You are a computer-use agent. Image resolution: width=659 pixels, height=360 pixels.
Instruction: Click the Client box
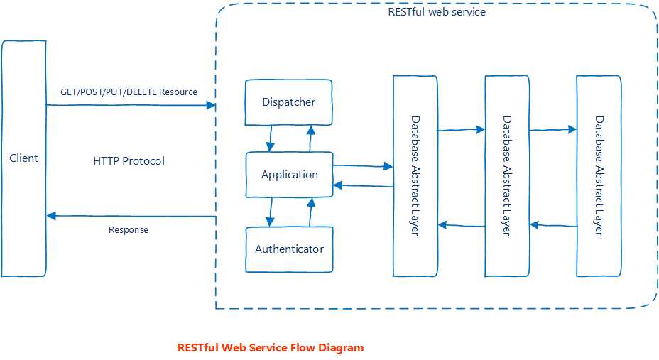point(23,158)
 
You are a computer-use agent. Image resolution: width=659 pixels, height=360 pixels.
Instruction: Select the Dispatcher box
point(288,102)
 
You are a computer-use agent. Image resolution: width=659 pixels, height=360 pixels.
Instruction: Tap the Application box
point(289,175)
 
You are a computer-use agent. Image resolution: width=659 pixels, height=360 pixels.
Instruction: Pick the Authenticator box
point(289,249)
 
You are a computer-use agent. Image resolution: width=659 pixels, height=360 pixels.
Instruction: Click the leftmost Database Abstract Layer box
point(415,175)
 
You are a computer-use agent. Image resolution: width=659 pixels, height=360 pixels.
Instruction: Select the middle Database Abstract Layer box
point(506,175)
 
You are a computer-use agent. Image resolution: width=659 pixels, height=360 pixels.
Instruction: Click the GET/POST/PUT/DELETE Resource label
point(129,92)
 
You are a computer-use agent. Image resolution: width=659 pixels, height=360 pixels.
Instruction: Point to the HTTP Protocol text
point(129,161)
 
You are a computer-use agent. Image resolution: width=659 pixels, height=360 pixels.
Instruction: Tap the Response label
point(129,230)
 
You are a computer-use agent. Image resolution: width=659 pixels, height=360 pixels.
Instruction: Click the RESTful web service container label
point(437,11)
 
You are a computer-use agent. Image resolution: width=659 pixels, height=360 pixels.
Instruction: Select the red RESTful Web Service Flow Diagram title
point(271,348)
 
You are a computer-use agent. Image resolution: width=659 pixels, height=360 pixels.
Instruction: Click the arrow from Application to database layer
point(362,166)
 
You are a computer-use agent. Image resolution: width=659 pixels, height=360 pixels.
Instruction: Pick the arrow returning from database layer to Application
point(362,186)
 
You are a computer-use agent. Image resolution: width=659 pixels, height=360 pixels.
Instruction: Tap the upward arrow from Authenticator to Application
point(310,212)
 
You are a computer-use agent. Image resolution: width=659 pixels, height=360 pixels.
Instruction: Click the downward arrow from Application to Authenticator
point(270,212)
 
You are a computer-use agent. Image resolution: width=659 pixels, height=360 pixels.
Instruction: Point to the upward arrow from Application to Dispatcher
point(310,138)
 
